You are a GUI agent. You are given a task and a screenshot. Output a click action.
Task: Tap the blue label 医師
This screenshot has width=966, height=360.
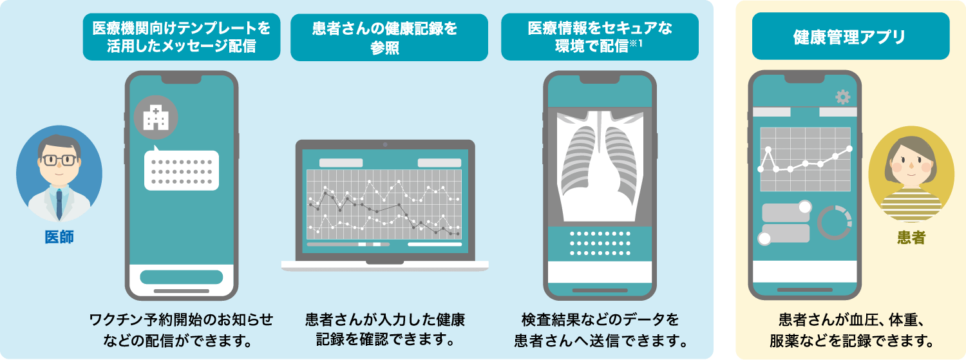(x=59, y=237)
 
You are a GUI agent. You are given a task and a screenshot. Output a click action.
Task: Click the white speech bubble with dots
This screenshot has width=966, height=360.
(x=181, y=169)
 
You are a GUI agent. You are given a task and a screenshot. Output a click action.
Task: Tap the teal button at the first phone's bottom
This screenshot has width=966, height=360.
(x=181, y=278)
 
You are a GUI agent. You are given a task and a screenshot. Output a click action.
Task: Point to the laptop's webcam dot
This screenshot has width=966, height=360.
(x=385, y=144)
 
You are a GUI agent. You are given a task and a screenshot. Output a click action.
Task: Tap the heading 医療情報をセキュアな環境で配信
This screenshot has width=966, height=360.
(x=600, y=37)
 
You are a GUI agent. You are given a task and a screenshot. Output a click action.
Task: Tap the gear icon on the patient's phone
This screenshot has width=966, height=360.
(x=842, y=97)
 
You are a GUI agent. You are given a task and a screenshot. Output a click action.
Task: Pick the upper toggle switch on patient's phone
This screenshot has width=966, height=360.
(x=786, y=211)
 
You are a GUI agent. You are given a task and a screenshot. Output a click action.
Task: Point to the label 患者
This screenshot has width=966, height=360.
(x=911, y=238)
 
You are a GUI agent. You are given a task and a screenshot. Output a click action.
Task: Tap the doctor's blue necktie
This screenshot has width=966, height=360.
(x=59, y=204)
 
